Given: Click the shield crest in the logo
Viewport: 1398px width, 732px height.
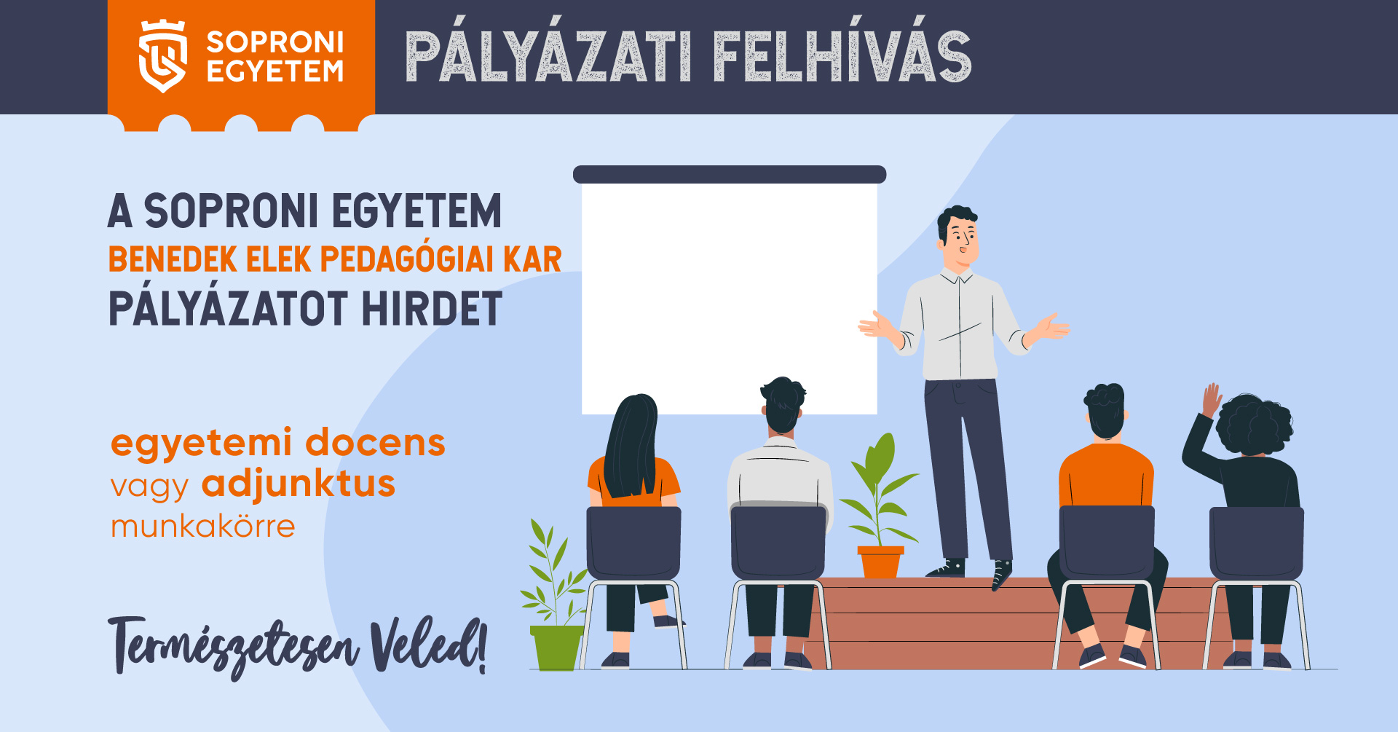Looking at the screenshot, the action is pos(162,56).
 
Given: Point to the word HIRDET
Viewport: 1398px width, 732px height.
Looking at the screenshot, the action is pos(432,309).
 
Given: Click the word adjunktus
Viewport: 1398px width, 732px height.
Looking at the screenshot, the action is pos(299,484).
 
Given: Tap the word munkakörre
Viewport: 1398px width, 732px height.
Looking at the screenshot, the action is pos(203,526).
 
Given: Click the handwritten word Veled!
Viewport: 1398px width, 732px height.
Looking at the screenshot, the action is pos(428,645).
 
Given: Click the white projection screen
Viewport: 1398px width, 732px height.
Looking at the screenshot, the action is pos(729,299).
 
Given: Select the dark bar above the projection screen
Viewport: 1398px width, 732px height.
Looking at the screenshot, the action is pos(730,174).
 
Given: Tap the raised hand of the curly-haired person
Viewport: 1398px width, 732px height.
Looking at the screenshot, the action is pos(1211,400).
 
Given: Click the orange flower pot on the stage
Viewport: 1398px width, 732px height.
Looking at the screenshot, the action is pos(880,562).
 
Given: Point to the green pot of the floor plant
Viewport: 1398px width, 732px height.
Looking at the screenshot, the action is pos(557,648).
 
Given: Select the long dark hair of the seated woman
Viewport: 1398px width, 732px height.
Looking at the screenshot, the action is pos(631,446).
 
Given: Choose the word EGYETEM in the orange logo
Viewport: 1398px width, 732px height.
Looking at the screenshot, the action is pos(275,71).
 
